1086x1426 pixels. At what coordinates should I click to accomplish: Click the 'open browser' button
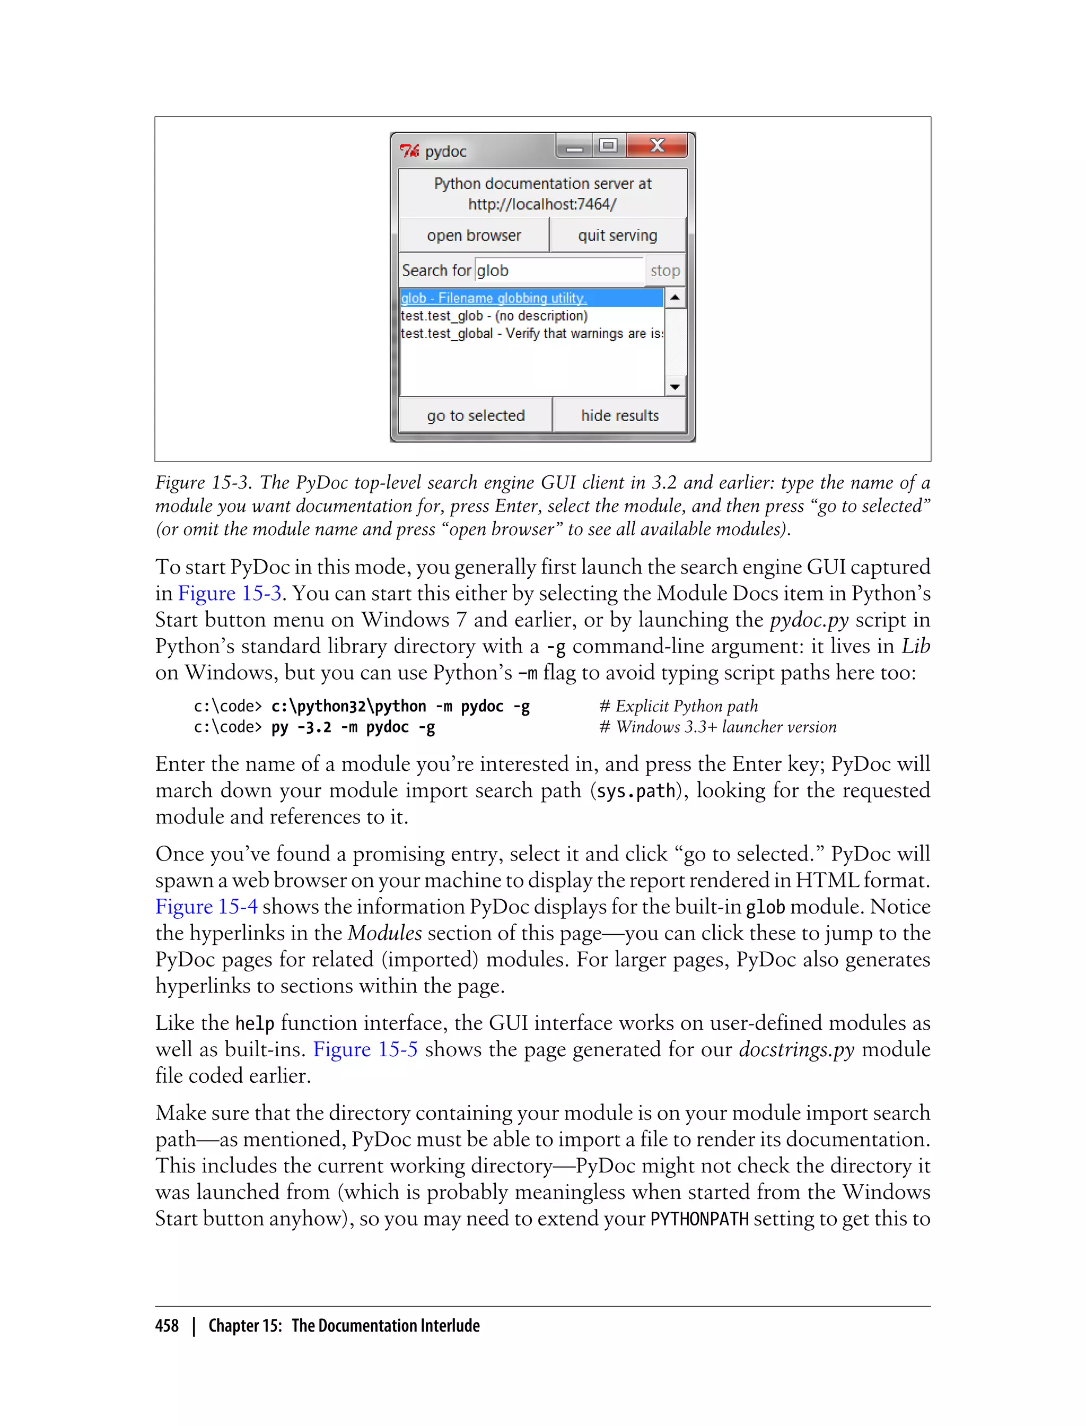tap(474, 236)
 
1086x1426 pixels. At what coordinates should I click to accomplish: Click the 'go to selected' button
tap(476, 415)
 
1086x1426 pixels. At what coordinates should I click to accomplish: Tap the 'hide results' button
tap(619, 415)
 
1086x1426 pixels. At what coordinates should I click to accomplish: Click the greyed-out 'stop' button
tap(664, 271)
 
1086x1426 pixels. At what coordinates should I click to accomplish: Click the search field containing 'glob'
tap(558, 271)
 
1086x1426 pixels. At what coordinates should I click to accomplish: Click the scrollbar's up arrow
tap(675, 298)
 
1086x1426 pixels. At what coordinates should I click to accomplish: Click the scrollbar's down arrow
tap(675, 387)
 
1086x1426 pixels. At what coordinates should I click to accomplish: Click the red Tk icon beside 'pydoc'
tap(409, 151)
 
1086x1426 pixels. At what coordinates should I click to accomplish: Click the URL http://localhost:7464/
tap(542, 204)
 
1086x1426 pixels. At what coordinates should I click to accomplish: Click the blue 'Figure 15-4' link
tap(206, 907)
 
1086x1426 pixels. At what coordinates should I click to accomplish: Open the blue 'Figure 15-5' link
tap(365, 1049)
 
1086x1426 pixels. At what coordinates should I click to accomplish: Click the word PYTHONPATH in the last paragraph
tap(699, 1219)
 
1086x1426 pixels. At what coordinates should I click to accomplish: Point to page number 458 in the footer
tap(167, 1325)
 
